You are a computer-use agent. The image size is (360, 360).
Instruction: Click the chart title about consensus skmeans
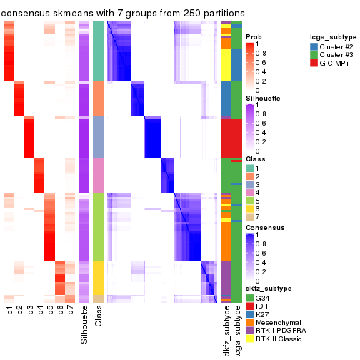(122, 13)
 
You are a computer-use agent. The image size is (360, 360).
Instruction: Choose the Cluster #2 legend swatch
(315, 46)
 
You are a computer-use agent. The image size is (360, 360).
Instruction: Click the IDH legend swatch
(249, 306)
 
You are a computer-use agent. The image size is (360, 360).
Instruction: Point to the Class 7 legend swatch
(249, 216)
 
